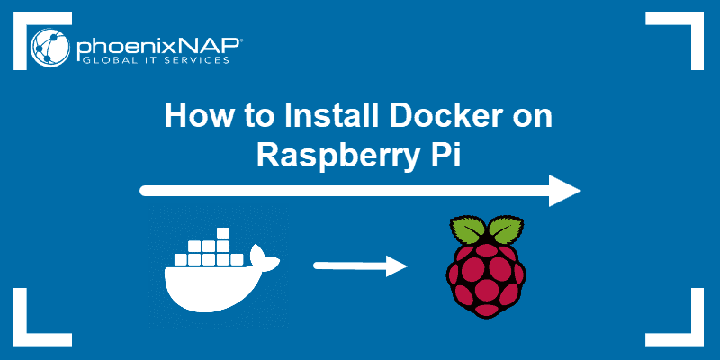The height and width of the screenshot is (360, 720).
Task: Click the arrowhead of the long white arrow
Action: point(565,191)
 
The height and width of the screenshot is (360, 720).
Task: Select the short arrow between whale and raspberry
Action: point(360,266)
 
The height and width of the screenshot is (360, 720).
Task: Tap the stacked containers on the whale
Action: point(209,247)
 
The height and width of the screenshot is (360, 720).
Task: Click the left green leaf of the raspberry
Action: point(463,230)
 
